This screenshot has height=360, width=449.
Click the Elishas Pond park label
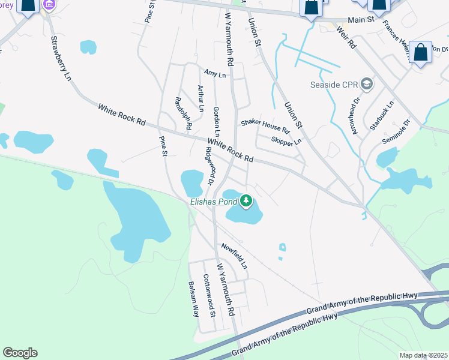(x=214, y=202)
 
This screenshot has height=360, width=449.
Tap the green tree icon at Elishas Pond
(x=247, y=200)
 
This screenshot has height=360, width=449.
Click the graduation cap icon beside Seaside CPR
(x=367, y=85)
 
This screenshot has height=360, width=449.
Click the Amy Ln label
(x=214, y=74)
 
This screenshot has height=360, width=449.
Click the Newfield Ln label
(x=234, y=255)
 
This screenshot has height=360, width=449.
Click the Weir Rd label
(x=346, y=37)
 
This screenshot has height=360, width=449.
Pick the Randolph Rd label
(x=182, y=113)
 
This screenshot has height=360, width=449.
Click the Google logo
(x=20, y=353)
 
